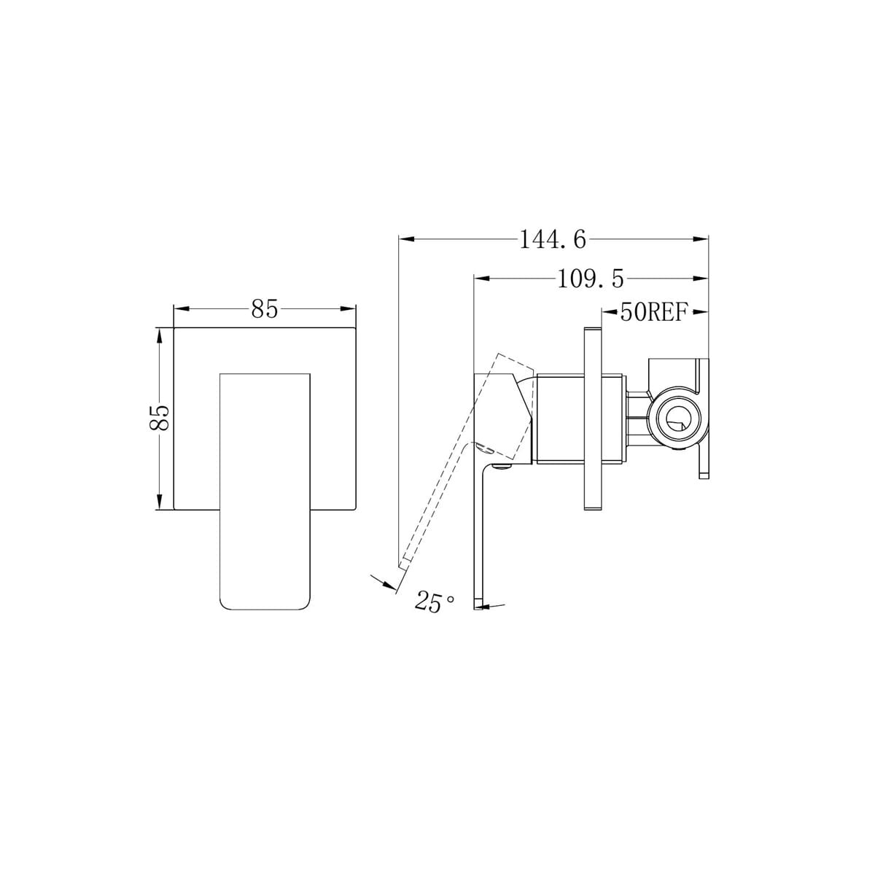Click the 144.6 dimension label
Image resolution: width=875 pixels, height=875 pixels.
tap(552, 240)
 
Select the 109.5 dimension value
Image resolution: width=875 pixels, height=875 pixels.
tap(591, 279)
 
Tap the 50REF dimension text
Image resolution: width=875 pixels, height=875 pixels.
tap(653, 312)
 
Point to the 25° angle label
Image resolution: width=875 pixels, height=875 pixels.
tap(434, 602)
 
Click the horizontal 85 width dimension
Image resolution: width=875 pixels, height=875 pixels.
tap(264, 309)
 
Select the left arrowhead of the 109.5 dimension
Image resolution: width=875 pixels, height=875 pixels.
tap(482, 279)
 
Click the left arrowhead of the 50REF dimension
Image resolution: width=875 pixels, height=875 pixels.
tap(610, 311)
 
